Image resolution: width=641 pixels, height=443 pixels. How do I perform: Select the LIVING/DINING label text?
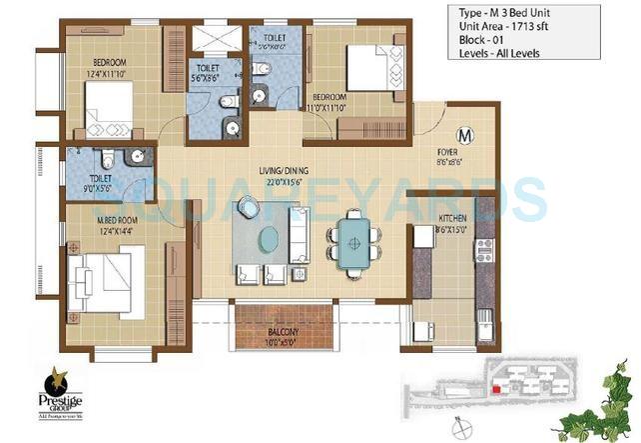point(258,171)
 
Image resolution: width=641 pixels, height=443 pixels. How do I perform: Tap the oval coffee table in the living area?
point(268,240)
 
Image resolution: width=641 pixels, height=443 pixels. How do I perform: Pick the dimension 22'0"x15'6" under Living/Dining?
point(258,182)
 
